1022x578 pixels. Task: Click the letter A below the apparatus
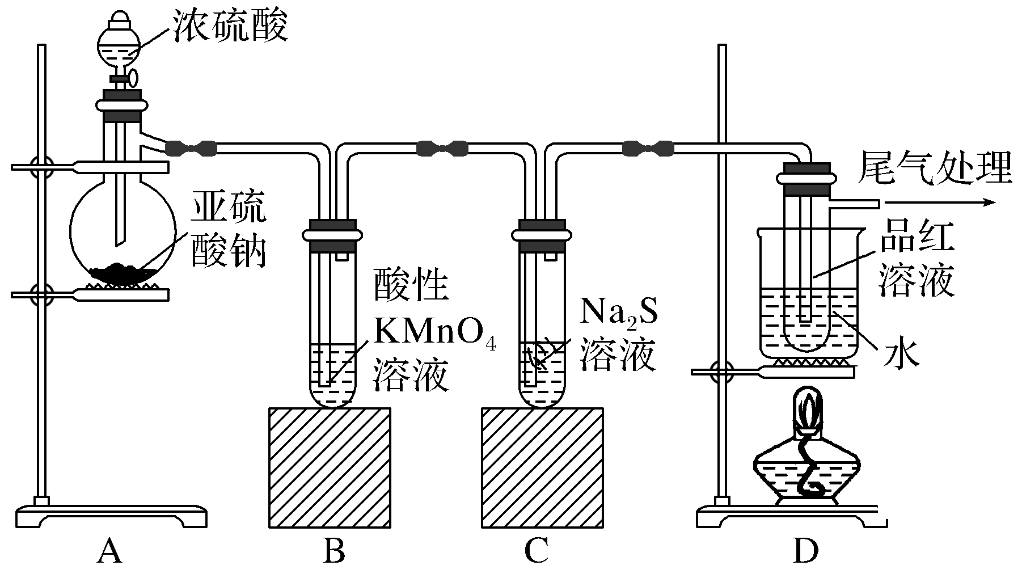(109, 551)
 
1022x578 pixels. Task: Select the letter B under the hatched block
(333, 551)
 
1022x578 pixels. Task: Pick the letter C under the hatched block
(536, 551)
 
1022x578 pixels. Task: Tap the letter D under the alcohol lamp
(805, 551)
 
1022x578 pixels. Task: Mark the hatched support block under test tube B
(330, 467)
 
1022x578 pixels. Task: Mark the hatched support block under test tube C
(542, 467)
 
